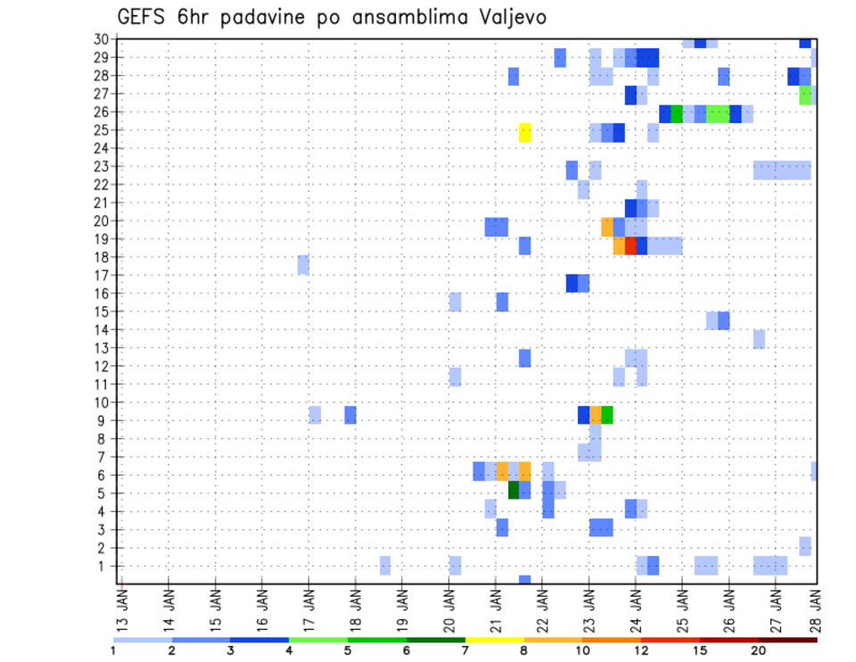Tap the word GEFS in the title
(144, 18)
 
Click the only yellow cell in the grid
(525, 132)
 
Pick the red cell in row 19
(630, 245)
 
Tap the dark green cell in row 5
(514, 490)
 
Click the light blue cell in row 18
(303, 264)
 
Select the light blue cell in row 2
(805, 545)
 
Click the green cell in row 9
(607, 415)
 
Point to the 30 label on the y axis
(101, 38)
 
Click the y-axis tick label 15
(101, 311)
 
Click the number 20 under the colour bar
(758, 650)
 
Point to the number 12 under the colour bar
(641, 650)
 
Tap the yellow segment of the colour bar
(494, 640)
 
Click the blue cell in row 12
(525, 358)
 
